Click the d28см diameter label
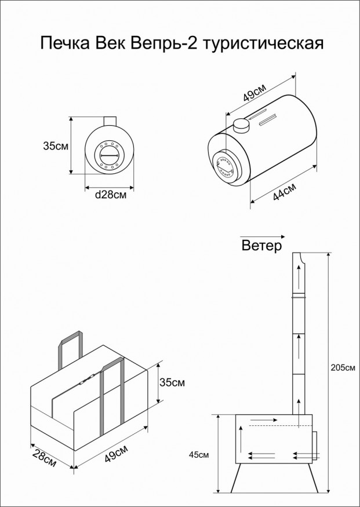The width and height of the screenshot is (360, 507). point(110,195)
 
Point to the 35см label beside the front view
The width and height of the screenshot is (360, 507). point(56,146)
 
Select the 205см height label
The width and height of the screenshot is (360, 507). point(341,367)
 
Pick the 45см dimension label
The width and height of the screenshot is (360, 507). point(199,454)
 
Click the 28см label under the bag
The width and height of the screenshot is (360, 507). point(44,459)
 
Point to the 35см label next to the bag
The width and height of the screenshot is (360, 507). point(172,382)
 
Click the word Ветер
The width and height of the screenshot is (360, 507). point(261,246)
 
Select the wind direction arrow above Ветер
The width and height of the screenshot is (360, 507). point(261,236)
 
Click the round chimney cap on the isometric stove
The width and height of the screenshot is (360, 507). point(241,124)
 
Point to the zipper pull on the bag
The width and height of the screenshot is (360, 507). point(85,381)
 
